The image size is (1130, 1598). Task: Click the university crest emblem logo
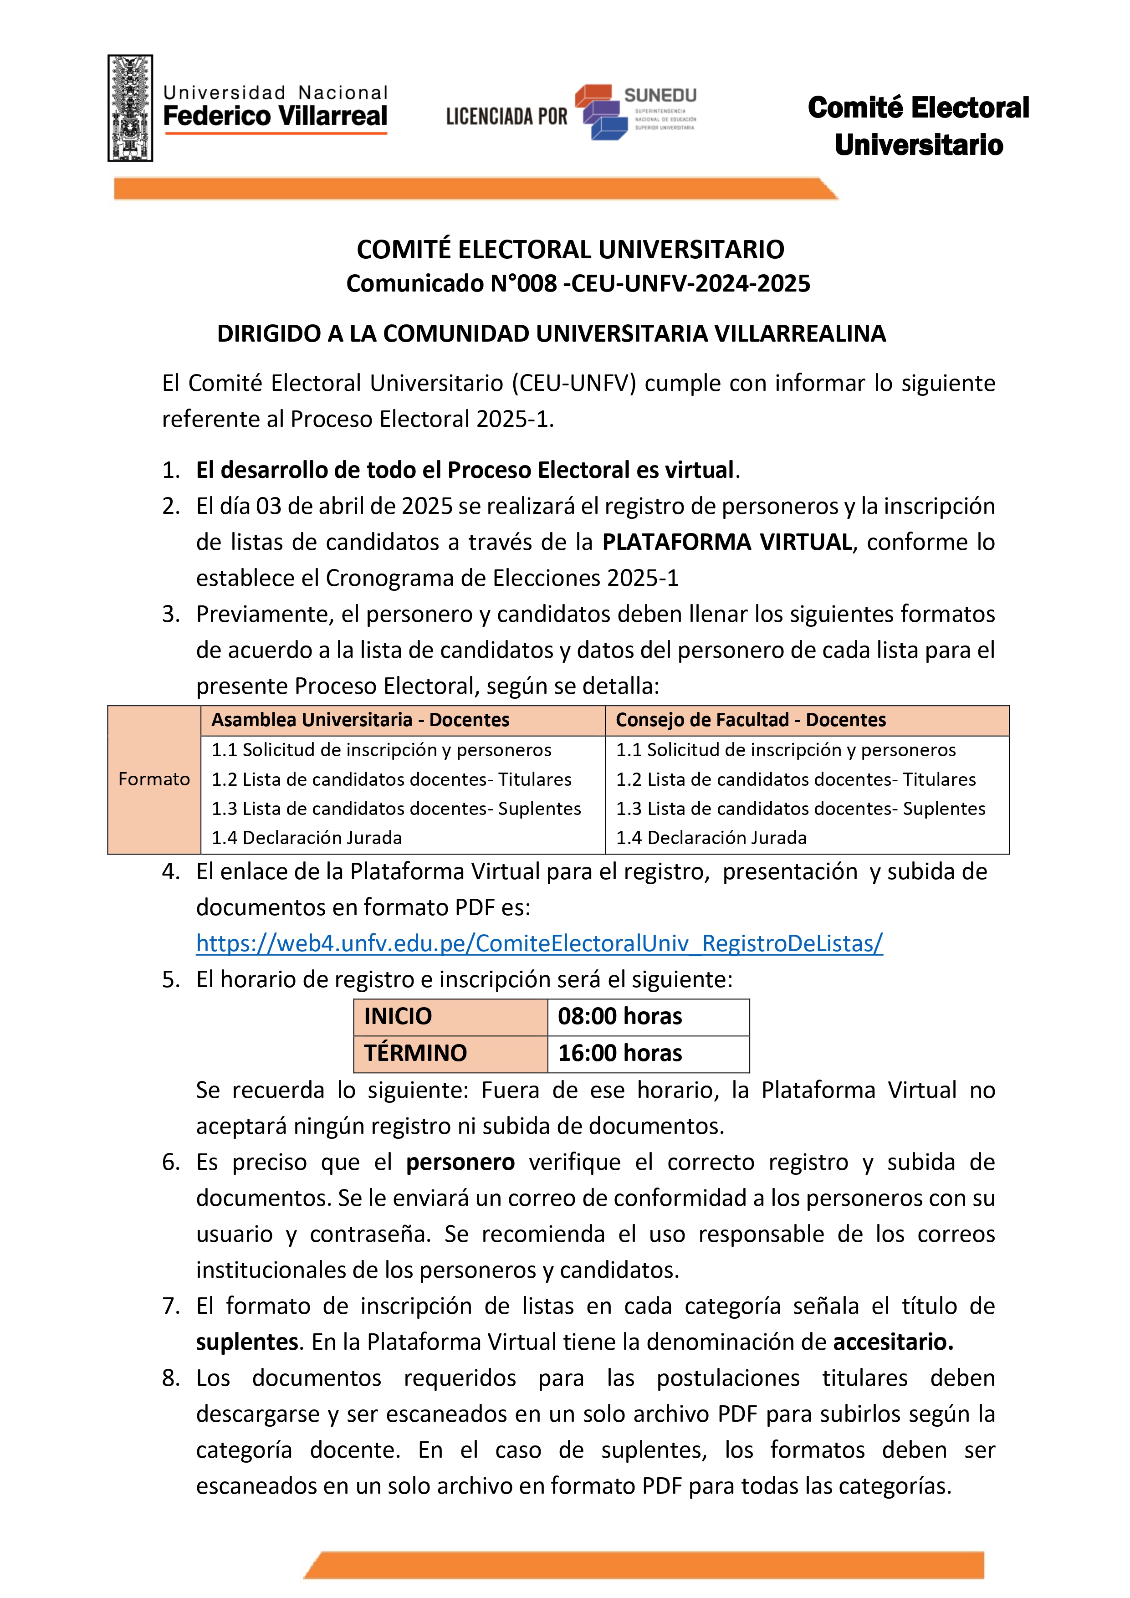coord(130,108)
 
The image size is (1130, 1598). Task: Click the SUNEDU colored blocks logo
coord(601,113)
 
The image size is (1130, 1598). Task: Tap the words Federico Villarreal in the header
coord(275,116)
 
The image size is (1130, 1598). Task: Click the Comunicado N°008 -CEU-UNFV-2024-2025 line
coord(578,284)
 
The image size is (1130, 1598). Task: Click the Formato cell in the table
coord(154,779)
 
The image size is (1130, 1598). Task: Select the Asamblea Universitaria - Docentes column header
coord(360,720)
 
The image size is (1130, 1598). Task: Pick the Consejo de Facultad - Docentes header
coord(751,720)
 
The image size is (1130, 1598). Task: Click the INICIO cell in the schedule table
coord(398,1016)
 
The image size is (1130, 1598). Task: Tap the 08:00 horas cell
coord(620,1016)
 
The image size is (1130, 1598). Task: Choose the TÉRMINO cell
coord(415,1053)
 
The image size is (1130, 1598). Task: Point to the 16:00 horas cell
coord(620,1053)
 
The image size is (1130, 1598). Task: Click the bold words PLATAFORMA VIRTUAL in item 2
coord(727,542)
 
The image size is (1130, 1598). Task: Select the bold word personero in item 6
coord(460,1163)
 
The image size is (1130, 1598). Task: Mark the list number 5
coord(170,980)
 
